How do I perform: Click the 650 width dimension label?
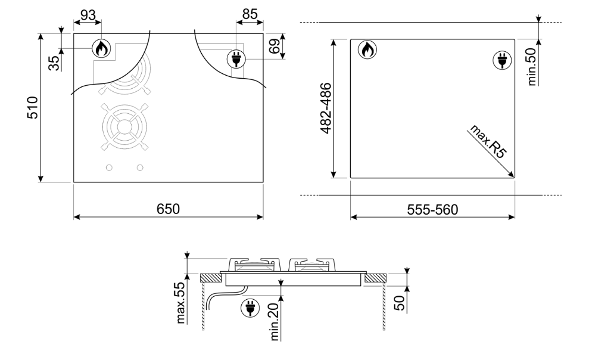(x=168, y=209)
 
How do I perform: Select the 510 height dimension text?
(x=33, y=107)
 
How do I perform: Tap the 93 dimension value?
(x=88, y=15)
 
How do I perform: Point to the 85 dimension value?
(x=250, y=14)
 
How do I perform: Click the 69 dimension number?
(x=275, y=46)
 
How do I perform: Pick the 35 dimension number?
(x=55, y=63)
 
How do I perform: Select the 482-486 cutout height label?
(x=326, y=108)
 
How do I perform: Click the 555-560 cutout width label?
(x=432, y=210)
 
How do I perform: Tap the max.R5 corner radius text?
(x=488, y=142)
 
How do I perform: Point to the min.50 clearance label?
(x=531, y=67)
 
